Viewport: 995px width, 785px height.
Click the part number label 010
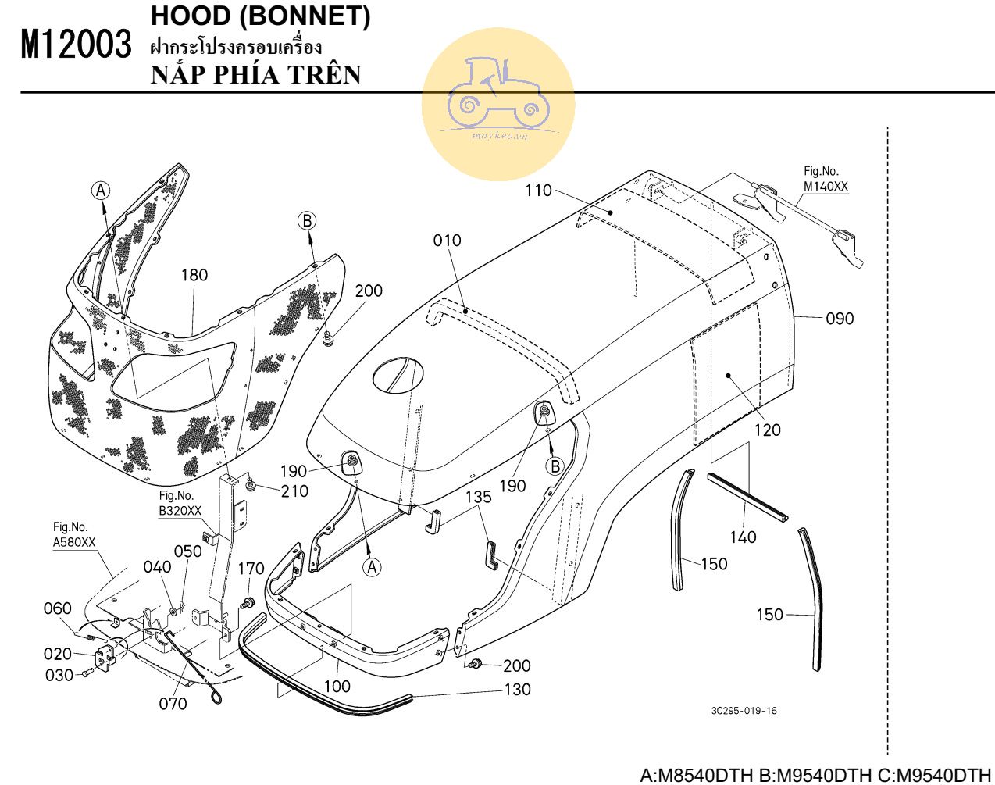point(448,241)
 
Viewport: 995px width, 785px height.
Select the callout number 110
point(538,191)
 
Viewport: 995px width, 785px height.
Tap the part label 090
point(840,319)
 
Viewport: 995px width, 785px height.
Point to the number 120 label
point(767,430)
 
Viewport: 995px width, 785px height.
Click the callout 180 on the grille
point(194,275)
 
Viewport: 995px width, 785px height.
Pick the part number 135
point(479,497)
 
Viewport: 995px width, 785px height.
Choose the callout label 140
point(743,537)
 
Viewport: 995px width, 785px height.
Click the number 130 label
point(517,690)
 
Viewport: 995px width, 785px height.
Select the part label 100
point(337,687)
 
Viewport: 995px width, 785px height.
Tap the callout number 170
point(251,569)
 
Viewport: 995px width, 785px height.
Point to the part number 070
point(173,704)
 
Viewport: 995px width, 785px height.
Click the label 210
point(294,491)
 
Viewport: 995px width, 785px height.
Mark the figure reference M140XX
point(826,187)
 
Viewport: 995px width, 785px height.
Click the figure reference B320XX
point(180,512)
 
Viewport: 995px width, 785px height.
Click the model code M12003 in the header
point(76,45)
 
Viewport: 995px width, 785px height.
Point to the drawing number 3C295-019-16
point(744,711)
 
